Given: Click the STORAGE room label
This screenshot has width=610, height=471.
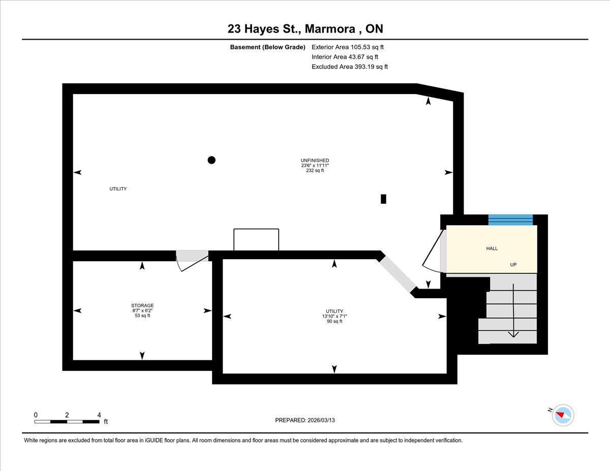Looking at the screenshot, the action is point(142,305).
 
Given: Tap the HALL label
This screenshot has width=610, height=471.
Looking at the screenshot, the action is point(492,248).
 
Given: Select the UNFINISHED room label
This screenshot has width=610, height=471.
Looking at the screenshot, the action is point(315,161).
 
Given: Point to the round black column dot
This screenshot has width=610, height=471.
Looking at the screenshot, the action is point(211,160).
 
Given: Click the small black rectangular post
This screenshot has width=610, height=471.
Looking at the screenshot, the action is point(383,199).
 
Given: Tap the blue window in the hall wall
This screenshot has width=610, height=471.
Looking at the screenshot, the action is point(511,219).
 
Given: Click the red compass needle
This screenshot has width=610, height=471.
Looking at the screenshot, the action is point(560,415).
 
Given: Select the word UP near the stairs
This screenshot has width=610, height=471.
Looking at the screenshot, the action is point(513,265).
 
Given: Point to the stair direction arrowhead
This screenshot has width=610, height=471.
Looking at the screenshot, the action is point(513,334).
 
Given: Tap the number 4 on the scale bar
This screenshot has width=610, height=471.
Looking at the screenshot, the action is point(99,415).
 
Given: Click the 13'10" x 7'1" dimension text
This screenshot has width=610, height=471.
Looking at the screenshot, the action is point(334,316).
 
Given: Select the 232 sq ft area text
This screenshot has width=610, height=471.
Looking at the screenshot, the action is point(315,170).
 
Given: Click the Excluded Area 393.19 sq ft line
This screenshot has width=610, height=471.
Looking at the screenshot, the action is point(350,67).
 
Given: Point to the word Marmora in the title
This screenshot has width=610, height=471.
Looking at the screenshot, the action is point(330,29).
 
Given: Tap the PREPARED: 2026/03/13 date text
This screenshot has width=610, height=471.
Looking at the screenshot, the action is point(305,420).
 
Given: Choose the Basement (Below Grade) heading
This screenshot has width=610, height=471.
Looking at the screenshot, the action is point(267,47).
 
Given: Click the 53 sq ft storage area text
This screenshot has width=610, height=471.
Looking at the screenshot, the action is point(142,316).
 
